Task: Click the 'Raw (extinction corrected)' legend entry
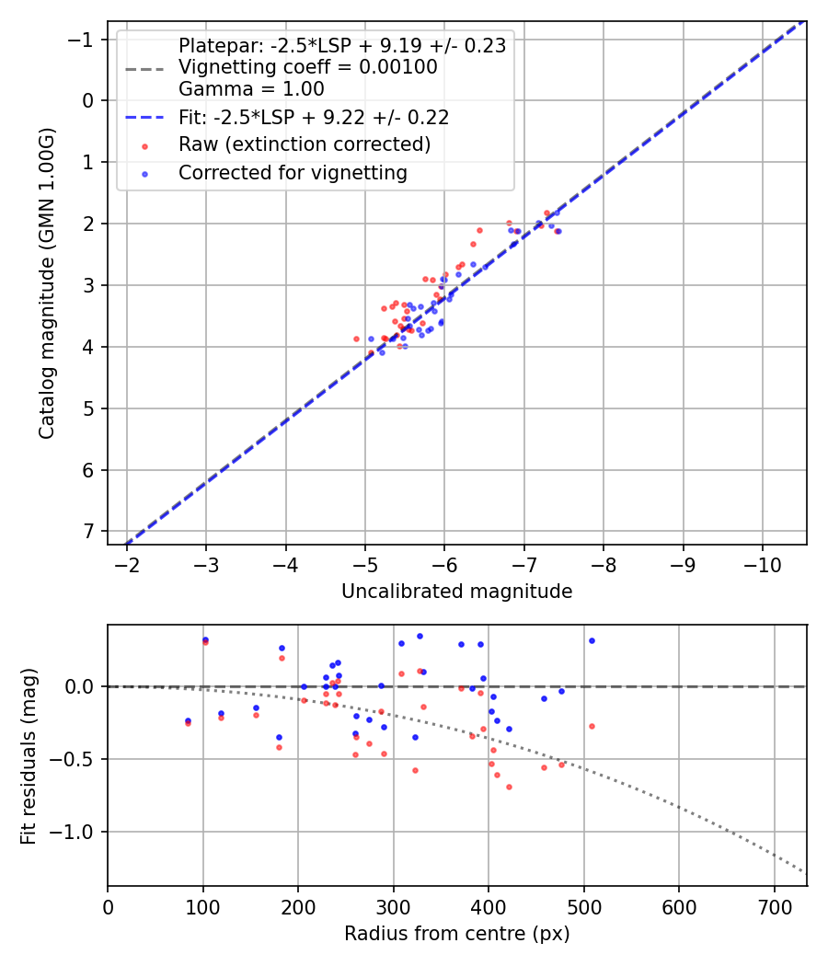pyautogui.click(x=305, y=144)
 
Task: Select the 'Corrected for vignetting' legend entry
pyautogui.click(x=293, y=172)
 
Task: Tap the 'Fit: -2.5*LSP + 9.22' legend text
pyautogui.click(x=314, y=117)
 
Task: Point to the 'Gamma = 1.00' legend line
pyautogui.click(x=251, y=89)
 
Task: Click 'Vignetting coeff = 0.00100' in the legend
pyautogui.click(x=307, y=67)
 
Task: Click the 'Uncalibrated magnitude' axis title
pyautogui.click(x=456, y=592)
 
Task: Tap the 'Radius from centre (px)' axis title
pyautogui.click(x=456, y=934)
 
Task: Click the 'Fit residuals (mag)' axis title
pyautogui.click(x=29, y=754)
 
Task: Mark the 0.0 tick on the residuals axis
pyautogui.click(x=80, y=686)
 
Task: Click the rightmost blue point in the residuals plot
pyautogui.click(x=592, y=640)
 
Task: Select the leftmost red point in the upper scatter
pyautogui.click(x=356, y=339)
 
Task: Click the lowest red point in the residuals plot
pyautogui.click(x=509, y=787)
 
